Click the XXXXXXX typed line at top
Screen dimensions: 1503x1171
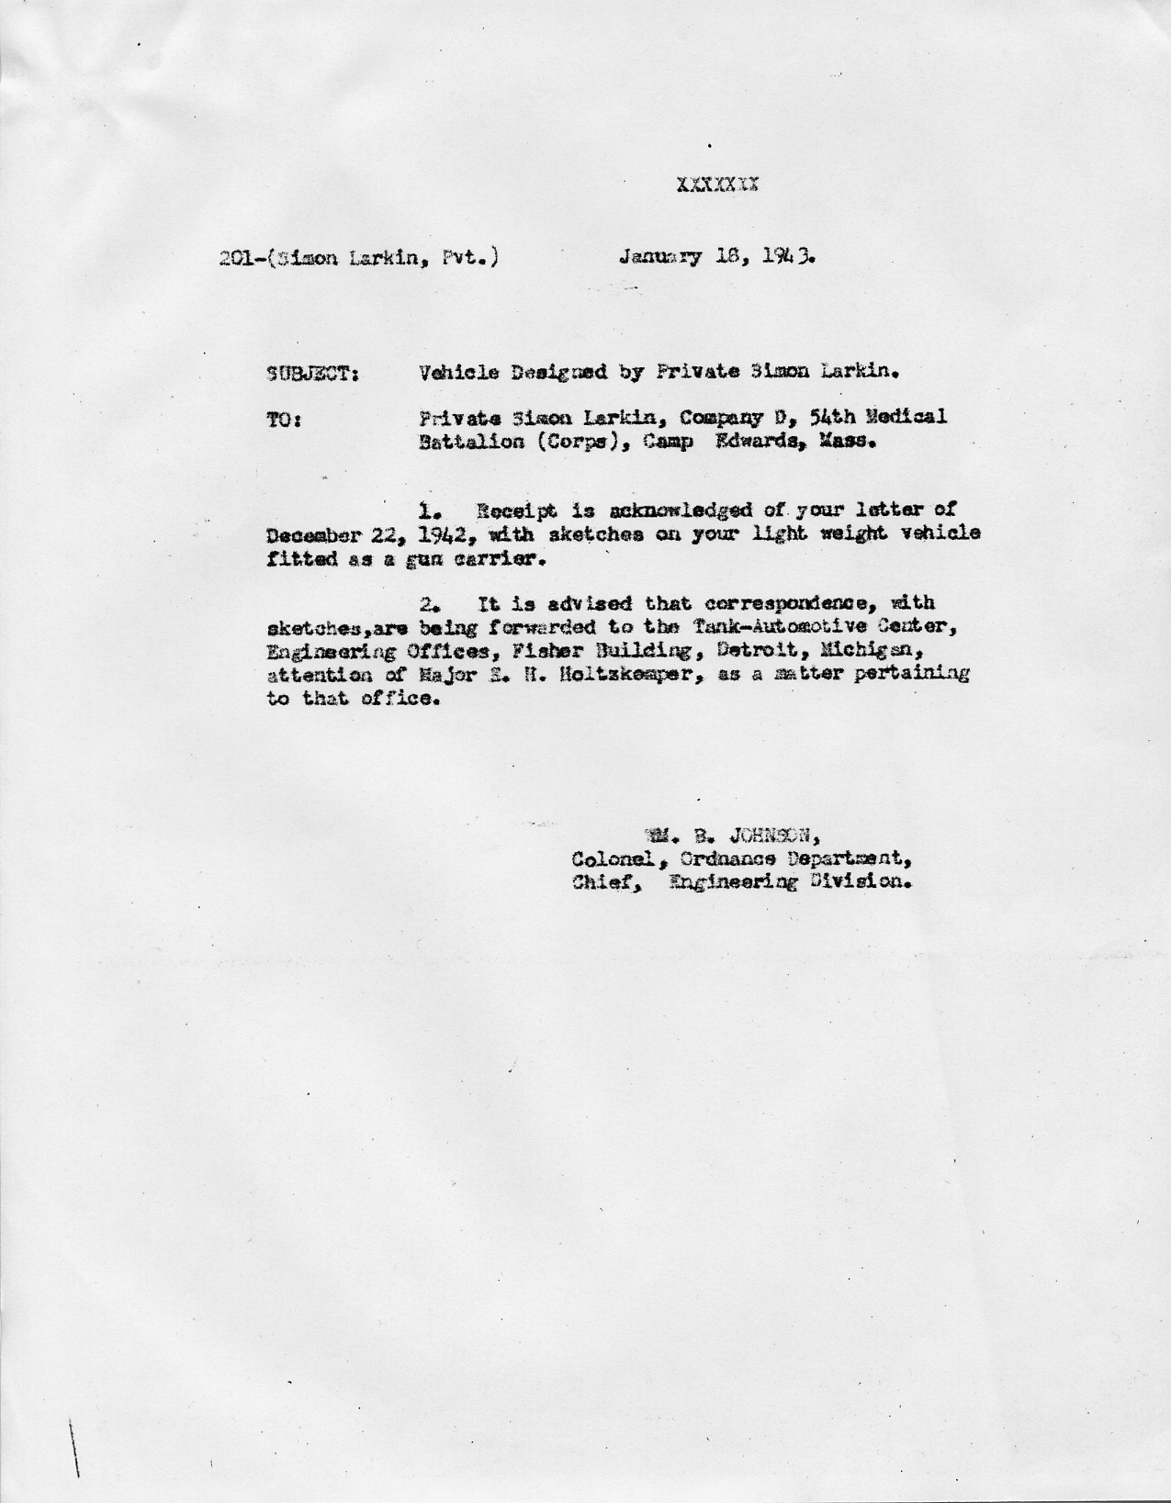coord(717,185)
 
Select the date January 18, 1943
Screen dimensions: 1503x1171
coord(717,257)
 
